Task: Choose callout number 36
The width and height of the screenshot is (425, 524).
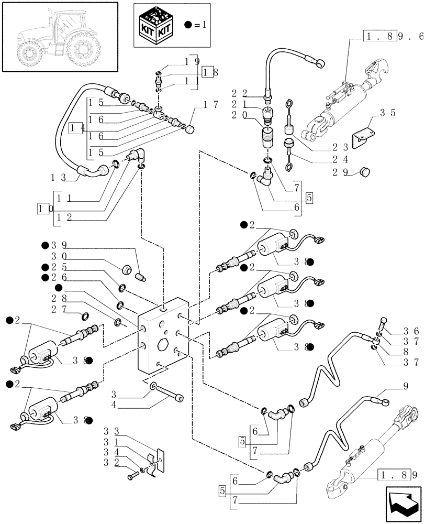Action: [x=409, y=331]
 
